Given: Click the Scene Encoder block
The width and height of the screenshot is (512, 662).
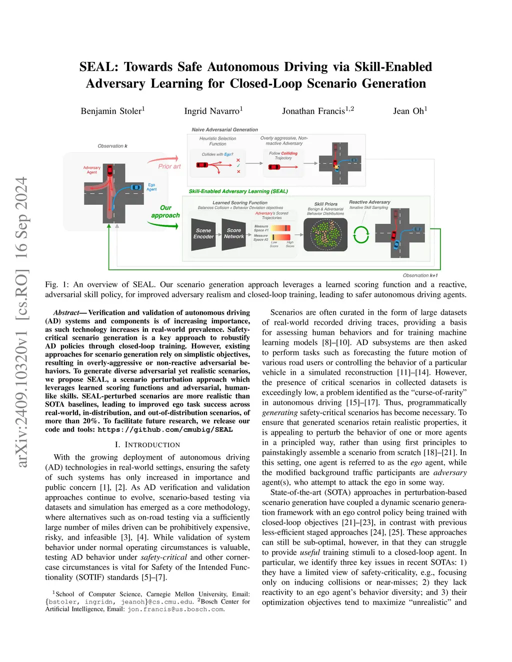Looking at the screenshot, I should click(203, 234).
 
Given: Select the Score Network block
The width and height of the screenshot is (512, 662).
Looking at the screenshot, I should click(233, 234).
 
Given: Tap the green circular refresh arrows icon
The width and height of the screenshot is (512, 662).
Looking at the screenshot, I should click(361, 234).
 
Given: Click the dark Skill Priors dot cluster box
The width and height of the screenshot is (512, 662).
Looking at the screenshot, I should click(325, 234).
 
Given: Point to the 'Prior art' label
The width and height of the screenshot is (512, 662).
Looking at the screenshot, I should click(169, 166).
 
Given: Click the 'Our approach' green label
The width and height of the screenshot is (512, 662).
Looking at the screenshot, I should click(165, 211).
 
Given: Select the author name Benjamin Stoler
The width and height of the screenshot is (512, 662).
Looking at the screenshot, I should click(112, 111).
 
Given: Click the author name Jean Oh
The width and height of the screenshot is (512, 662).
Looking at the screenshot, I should click(409, 111).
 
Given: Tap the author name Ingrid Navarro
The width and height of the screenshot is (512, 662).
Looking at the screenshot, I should click(212, 111).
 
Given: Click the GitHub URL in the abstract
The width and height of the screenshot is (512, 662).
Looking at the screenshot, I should click(165, 430).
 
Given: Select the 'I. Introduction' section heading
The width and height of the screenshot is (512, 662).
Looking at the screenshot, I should click(147, 445).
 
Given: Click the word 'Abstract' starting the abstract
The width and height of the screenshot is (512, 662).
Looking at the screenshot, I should click(66, 313).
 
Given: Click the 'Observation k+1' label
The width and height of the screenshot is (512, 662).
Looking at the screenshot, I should click(420, 275).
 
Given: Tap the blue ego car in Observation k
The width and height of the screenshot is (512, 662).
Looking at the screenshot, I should click(135, 187).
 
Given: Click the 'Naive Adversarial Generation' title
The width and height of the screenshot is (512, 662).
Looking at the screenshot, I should click(224, 129).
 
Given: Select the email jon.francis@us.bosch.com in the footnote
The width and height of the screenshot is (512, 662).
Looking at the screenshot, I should click(175, 610).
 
